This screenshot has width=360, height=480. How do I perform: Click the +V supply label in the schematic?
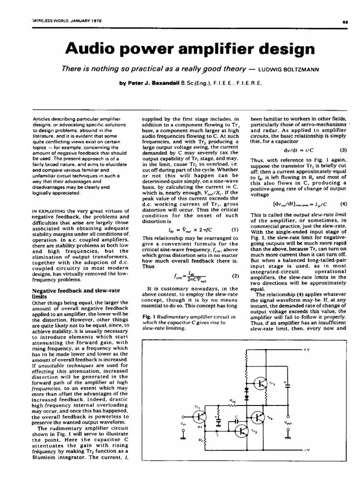point(306,350)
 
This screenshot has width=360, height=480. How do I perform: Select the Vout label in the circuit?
point(288,422)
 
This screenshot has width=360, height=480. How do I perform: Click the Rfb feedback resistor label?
point(233,401)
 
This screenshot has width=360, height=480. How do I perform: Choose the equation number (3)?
point(343,150)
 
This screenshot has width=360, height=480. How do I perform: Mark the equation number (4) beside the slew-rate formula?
point(343,204)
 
